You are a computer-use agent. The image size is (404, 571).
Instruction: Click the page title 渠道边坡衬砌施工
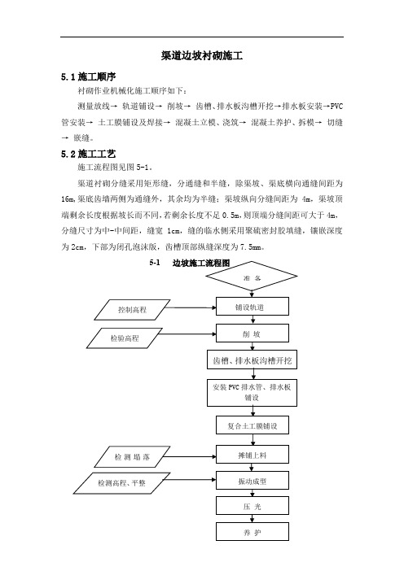tap(202, 55)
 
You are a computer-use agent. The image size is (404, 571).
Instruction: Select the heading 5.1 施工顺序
tap(88, 76)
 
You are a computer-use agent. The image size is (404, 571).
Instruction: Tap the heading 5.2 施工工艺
tap(88, 154)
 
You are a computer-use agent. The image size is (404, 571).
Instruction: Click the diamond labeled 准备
tap(252, 277)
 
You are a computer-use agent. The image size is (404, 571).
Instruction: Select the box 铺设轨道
tap(253, 307)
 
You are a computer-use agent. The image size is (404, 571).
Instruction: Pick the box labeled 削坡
tap(253, 333)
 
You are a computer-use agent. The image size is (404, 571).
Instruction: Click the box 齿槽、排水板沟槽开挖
tap(252, 360)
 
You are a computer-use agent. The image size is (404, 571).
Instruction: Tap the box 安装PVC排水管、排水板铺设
tap(252, 393)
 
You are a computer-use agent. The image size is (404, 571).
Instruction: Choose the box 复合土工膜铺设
tap(253, 425)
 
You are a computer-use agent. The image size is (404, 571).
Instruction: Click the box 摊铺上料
tap(253, 455)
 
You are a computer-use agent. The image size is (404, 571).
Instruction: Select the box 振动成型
tap(253, 481)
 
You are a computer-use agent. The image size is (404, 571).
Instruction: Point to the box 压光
tap(253, 506)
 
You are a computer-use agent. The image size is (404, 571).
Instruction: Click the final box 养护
tap(253, 532)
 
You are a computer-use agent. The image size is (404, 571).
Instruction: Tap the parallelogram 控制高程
tap(132, 310)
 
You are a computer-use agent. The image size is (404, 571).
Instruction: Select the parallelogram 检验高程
tap(125, 338)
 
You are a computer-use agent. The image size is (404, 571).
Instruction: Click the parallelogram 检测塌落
tap(132, 456)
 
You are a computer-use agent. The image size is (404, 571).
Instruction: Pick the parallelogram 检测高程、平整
tap(121, 483)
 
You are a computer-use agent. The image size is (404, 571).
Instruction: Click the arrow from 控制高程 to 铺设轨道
tap(191, 307)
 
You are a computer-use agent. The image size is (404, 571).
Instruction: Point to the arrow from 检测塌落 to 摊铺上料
tap(190, 456)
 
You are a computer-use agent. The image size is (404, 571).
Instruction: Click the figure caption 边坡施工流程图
tap(201, 264)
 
